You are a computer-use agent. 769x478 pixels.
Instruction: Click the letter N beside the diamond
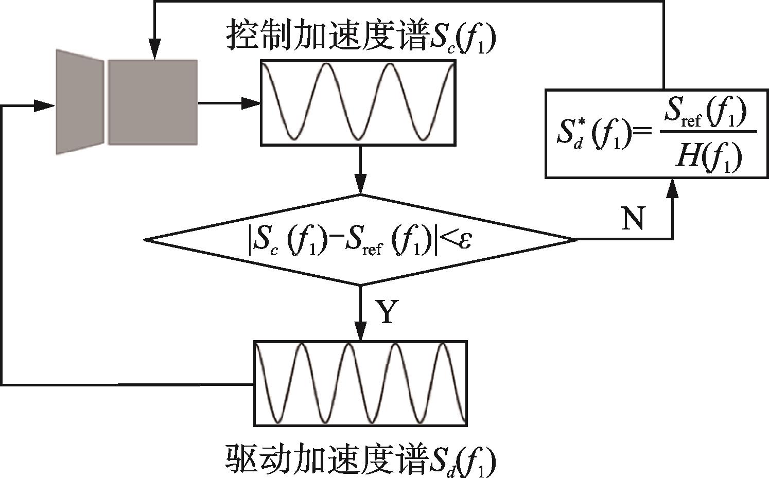click(633, 220)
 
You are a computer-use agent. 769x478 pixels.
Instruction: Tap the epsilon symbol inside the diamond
click(465, 240)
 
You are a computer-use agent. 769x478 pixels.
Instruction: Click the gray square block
click(152, 102)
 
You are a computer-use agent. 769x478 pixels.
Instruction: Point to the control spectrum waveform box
click(358, 102)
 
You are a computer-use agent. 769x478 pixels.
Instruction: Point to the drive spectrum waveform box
click(360, 383)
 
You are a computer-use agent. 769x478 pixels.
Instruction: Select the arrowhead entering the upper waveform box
click(252, 103)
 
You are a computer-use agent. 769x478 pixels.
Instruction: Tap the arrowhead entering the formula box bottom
click(672, 188)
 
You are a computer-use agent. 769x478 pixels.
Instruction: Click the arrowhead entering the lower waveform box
click(361, 332)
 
